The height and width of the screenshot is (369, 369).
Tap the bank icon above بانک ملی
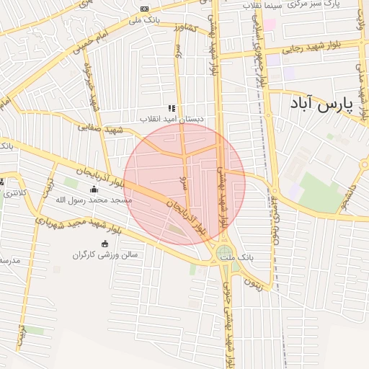coord(145,9)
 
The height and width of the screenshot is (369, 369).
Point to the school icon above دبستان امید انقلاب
coord(172,107)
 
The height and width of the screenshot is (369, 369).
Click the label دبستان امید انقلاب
coord(172,117)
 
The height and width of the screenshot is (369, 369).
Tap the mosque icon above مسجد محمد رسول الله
coord(94,190)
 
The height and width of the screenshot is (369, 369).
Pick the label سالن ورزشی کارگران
coord(105,254)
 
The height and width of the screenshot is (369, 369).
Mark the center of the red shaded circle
coord(184,184)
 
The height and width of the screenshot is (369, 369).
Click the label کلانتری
coord(16,192)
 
